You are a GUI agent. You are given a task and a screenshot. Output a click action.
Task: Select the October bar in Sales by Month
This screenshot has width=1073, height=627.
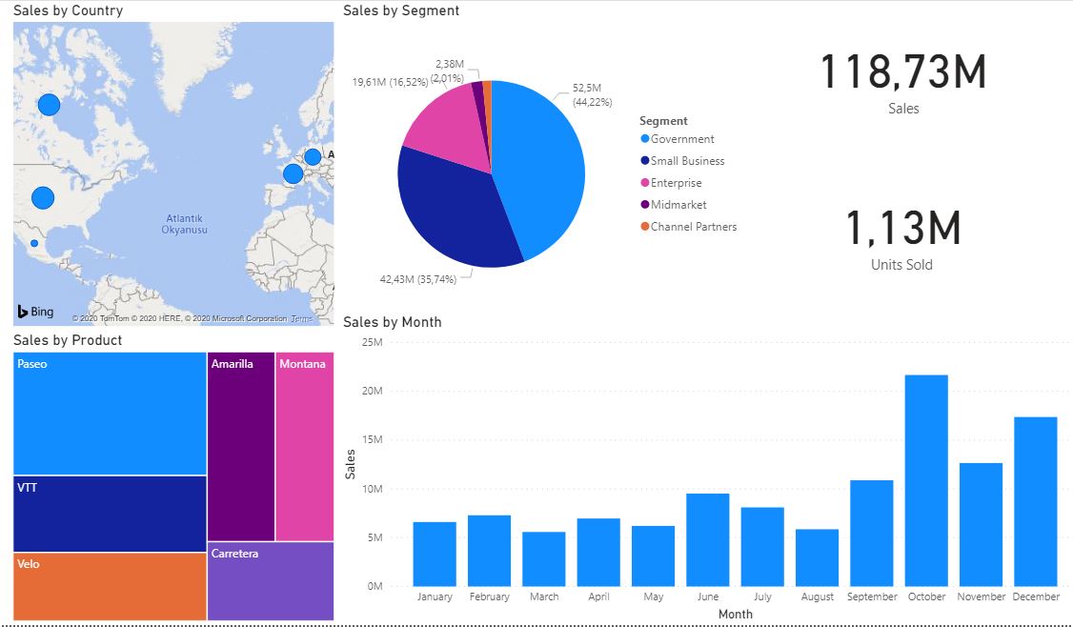[x=926, y=480]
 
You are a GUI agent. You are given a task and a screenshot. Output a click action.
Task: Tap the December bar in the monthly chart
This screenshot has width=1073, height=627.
[x=1036, y=501]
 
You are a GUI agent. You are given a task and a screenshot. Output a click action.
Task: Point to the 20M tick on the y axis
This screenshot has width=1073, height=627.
[x=371, y=391]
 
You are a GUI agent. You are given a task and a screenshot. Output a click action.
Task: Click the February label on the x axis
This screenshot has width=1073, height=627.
[x=489, y=597]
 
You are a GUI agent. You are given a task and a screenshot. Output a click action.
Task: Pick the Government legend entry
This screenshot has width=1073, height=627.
[x=681, y=139]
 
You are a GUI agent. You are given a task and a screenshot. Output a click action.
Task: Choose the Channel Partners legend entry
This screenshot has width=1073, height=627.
[x=693, y=227]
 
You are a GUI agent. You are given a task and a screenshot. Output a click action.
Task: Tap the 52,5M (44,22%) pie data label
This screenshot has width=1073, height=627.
[x=592, y=94]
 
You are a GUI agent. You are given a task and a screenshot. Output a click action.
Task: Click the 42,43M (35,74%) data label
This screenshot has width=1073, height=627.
[x=418, y=279]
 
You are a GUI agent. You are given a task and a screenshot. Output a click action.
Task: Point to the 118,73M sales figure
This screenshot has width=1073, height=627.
[x=902, y=73]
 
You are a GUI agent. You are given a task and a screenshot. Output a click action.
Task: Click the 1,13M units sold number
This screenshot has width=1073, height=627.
[x=902, y=229]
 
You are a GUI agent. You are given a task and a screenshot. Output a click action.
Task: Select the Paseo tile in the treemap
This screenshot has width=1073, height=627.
[x=110, y=414]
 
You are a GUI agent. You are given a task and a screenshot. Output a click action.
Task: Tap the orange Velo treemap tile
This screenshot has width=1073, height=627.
[x=110, y=587]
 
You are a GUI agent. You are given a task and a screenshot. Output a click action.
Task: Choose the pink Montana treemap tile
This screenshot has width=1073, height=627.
[x=304, y=446]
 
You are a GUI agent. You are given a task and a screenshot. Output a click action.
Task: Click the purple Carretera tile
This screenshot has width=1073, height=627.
[x=271, y=581]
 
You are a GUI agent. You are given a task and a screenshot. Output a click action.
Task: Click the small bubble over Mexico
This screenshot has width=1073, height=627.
[x=34, y=244]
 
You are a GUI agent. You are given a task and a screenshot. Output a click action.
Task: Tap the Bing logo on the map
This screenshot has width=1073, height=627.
[x=35, y=312]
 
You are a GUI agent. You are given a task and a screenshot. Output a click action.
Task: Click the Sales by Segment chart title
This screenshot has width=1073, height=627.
[x=400, y=10]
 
